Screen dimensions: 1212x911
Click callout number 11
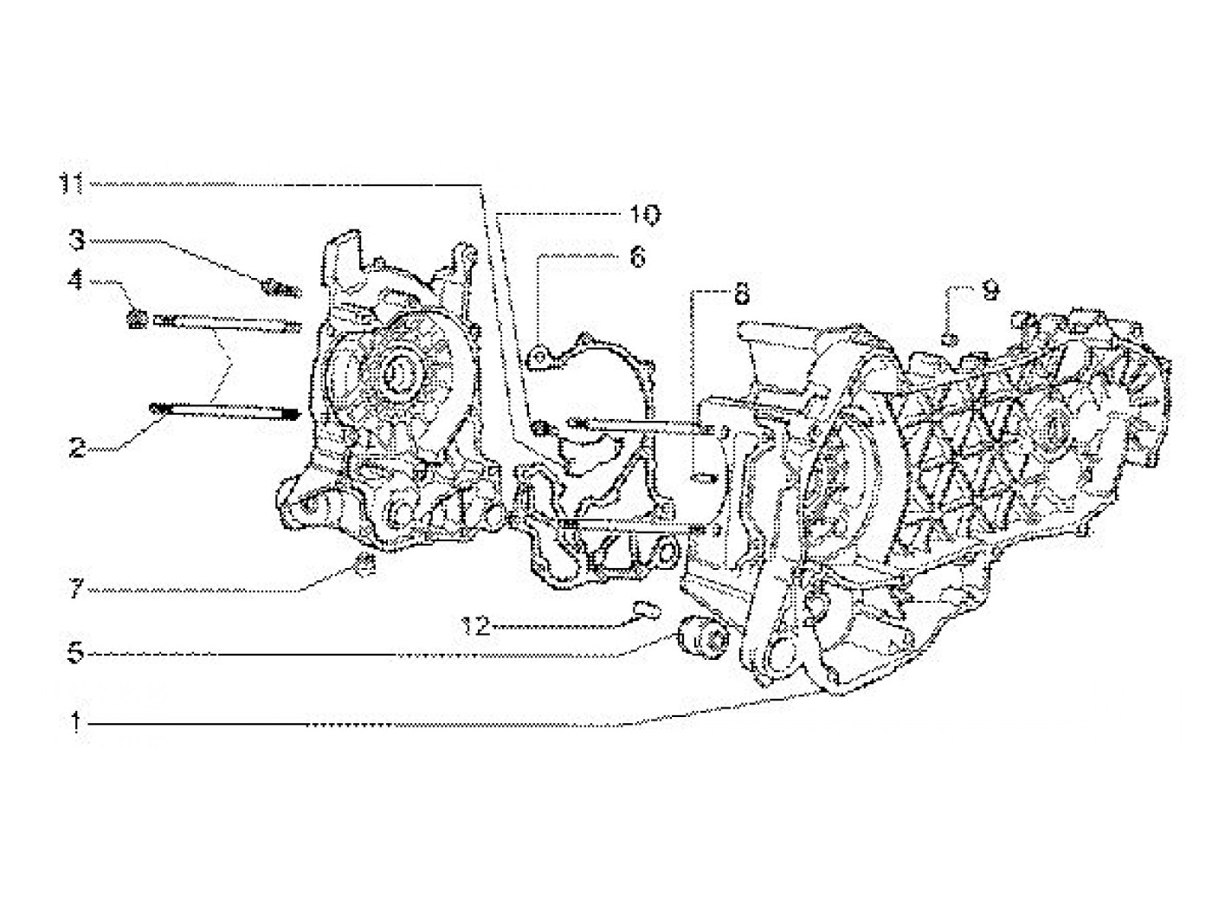click(x=74, y=184)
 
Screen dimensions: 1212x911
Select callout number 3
click(x=77, y=238)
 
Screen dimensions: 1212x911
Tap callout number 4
click(x=77, y=279)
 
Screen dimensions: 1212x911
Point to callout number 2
click(x=77, y=448)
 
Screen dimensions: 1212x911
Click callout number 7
click(x=77, y=590)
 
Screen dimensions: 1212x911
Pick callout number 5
click(x=77, y=652)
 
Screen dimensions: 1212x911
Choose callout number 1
click(x=77, y=722)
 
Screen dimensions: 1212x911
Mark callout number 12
click(x=476, y=624)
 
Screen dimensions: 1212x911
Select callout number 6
click(x=637, y=257)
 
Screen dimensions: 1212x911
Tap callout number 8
click(x=741, y=294)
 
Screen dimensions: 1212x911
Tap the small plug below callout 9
click(x=948, y=338)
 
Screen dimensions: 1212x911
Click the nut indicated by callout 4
click(x=135, y=320)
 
